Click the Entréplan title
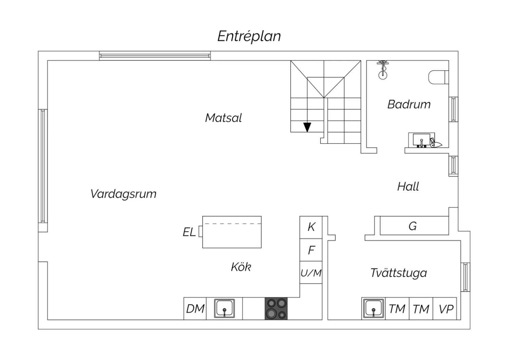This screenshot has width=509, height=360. pyautogui.click(x=249, y=36)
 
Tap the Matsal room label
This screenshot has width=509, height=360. pyautogui.click(x=223, y=118)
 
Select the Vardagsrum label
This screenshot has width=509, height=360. pyautogui.click(x=124, y=194)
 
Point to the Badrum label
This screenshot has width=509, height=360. pyautogui.click(x=409, y=104)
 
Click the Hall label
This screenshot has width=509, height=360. pyautogui.click(x=408, y=186)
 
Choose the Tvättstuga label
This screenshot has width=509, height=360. pyautogui.click(x=399, y=273)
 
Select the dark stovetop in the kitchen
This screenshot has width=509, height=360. pyautogui.click(x=276, y=309)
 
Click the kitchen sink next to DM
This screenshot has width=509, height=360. pyautogui.click(x=224, y=308)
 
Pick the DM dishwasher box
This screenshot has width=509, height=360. pyautogui.click(x=195, y=309)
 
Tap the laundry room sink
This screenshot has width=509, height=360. pyautogui.click(x=373, y=309)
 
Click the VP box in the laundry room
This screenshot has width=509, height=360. pyautogui.click(x=445, y=309)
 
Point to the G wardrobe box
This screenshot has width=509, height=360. pyautogui.click(x=414, y=226)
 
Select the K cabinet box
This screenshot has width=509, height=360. pyautogui.click(x=311, y=228)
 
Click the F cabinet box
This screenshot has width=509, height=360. pyautogui.click(x=311, y=250)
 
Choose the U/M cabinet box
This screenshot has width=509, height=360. pyautogui.click(x=311, y=272)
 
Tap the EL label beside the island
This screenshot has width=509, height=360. pyautogui.click(x=189, y=232)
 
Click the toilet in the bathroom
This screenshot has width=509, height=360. pyautogui.click(x=438, y=77)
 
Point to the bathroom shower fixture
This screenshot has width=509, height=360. pyautogui.click(x=383, y=70)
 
